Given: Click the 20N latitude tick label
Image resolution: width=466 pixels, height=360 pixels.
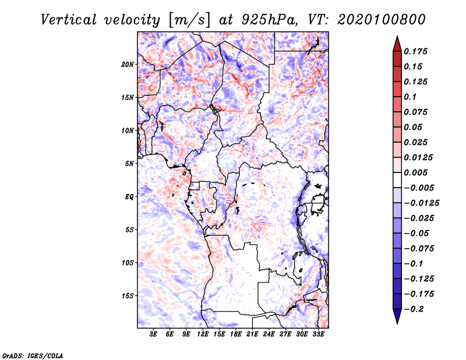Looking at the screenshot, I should click(x=128, y=64).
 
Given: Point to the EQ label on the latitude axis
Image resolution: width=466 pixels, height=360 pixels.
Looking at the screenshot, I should click(x=129, y=197).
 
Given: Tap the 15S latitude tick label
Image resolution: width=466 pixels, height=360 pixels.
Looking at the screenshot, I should click(x=128, y=296).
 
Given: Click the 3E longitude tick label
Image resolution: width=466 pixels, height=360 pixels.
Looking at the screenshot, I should click(x=154, y=334).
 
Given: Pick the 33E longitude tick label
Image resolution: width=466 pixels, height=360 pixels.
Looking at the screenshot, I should click(x=318, y=334).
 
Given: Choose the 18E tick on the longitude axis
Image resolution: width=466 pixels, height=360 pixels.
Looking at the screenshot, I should click(x=236, y=334).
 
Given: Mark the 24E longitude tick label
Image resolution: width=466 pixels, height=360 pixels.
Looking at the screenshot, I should click(x=269, y=334).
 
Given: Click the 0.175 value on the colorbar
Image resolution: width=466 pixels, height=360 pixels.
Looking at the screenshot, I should click(x=417, y=52).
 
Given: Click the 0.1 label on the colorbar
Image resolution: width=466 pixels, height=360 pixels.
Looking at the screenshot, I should click(x=412, y=97).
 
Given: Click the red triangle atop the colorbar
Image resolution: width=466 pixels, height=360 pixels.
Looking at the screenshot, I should click(x=397, y=43).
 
